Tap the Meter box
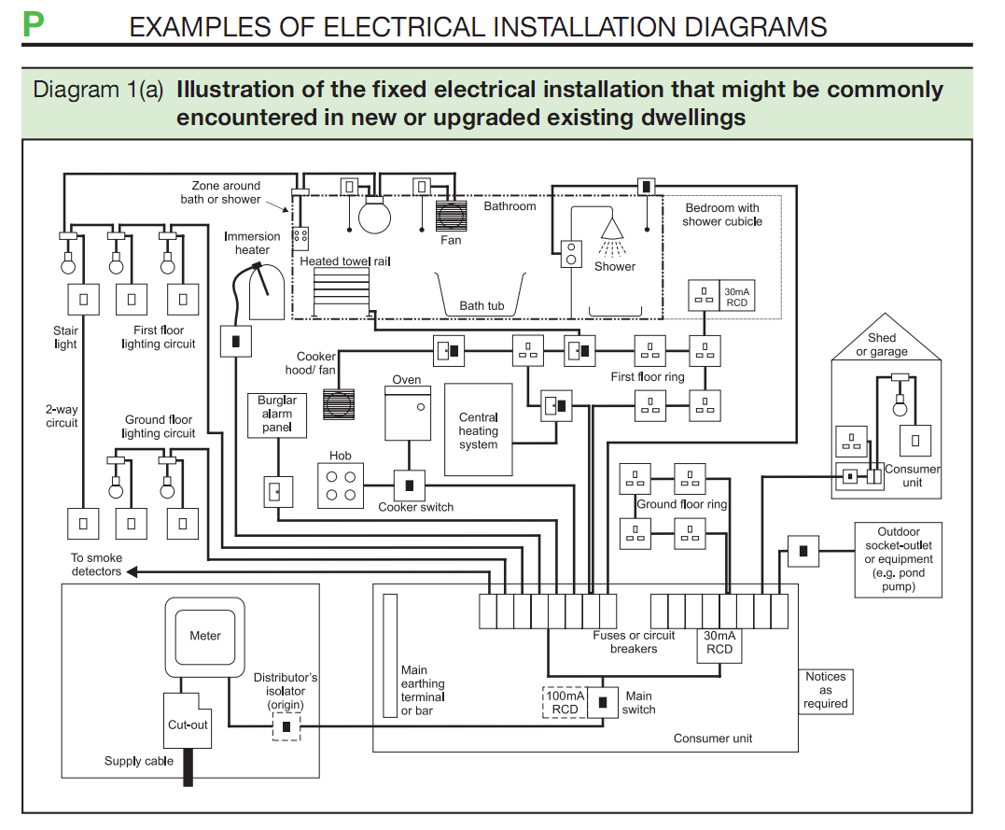205,637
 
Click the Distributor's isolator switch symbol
286,726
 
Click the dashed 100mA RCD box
565,702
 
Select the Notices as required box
825,691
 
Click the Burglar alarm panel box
277,415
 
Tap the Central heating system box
478,429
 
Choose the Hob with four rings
341,485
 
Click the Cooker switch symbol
410,485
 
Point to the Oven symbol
408,414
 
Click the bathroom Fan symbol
451,217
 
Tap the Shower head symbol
613,228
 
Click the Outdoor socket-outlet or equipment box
898,559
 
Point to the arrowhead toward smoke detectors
132,571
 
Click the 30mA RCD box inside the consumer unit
719,645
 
